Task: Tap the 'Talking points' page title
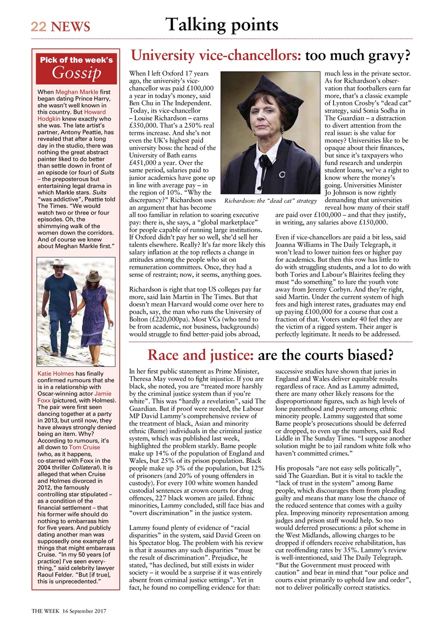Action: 222,24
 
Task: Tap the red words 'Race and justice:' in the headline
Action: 200,354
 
